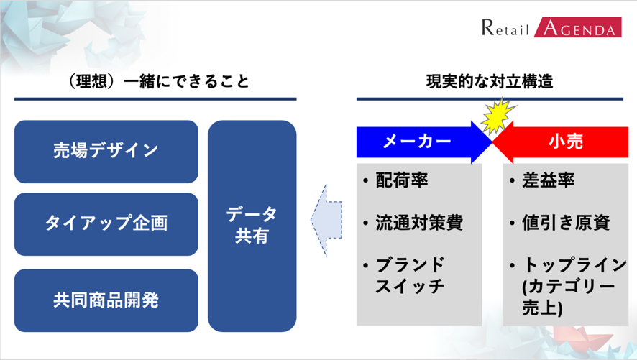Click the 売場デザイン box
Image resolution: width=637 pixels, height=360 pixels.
pos(106,151)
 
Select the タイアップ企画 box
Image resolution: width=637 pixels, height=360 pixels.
pos(106,223)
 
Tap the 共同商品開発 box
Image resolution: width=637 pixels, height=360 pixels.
pos(106,300)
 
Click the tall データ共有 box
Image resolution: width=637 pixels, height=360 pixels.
pos(252,225)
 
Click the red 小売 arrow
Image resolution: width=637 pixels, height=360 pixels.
pos(564,142)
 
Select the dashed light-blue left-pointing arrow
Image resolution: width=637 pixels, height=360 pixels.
pos(327,220)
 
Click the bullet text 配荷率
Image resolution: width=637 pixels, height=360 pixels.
pos(402,180)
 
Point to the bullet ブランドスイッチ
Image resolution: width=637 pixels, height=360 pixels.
pos(411,275)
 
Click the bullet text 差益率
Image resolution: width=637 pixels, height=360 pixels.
pos(548,180)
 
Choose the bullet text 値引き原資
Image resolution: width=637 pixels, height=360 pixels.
pos(566,223)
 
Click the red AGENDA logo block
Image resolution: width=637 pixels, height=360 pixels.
pos(577,28)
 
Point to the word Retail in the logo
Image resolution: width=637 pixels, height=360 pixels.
pos(505,29)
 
